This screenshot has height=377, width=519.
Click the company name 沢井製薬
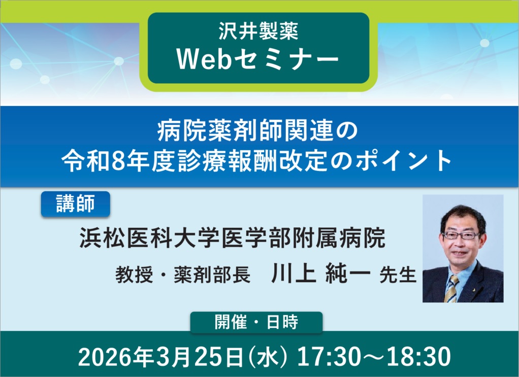(258, 32)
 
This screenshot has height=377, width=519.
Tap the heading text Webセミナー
(258, 60)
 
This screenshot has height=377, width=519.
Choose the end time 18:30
(418, 357)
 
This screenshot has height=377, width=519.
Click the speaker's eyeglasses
(461, 235)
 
